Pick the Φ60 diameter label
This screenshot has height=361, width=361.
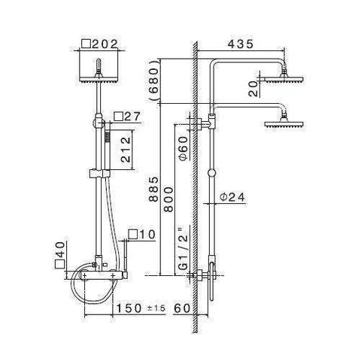(x=184, y=147)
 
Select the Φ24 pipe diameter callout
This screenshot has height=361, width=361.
(x=233, y=198)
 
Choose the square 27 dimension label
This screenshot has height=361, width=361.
(x=124, y=117)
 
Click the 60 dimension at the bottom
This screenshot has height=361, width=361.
(x=181, y=307)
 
